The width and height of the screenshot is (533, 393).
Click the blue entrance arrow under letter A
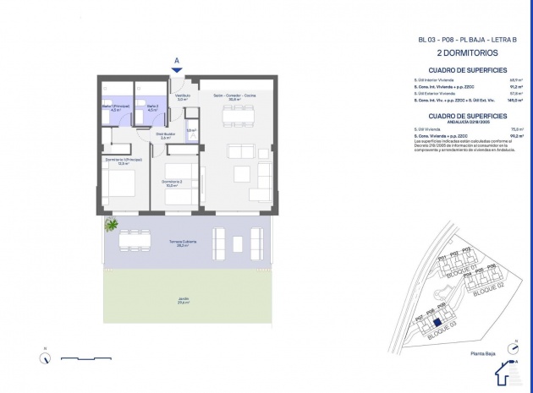click(x=176, y=70)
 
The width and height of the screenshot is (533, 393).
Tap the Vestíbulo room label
click(x=182, y=98)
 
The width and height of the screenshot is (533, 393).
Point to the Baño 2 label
click(x=152, y=107)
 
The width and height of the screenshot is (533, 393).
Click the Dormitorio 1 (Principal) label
click(x=123, y=161)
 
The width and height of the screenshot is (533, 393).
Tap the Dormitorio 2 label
click(x=172, y=183)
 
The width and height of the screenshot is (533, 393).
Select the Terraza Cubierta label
click(x=182, y=243)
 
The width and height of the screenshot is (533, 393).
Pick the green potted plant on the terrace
click(x=110, y=226)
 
